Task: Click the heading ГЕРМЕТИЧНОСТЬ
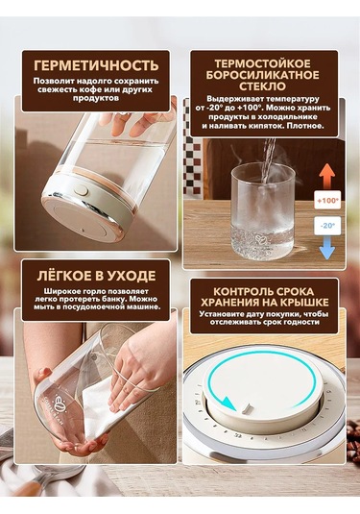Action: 96,65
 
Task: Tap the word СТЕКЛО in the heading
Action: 262,86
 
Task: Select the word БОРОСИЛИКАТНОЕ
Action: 262,75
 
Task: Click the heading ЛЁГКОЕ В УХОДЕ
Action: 96,276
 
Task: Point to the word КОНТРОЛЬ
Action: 242,291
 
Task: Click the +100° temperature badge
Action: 327,200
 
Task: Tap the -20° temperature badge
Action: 327,226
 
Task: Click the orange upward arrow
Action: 327,176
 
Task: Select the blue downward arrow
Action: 327,248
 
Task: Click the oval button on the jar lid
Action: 81,190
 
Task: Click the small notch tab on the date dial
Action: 246,408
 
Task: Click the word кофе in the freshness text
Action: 86,89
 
